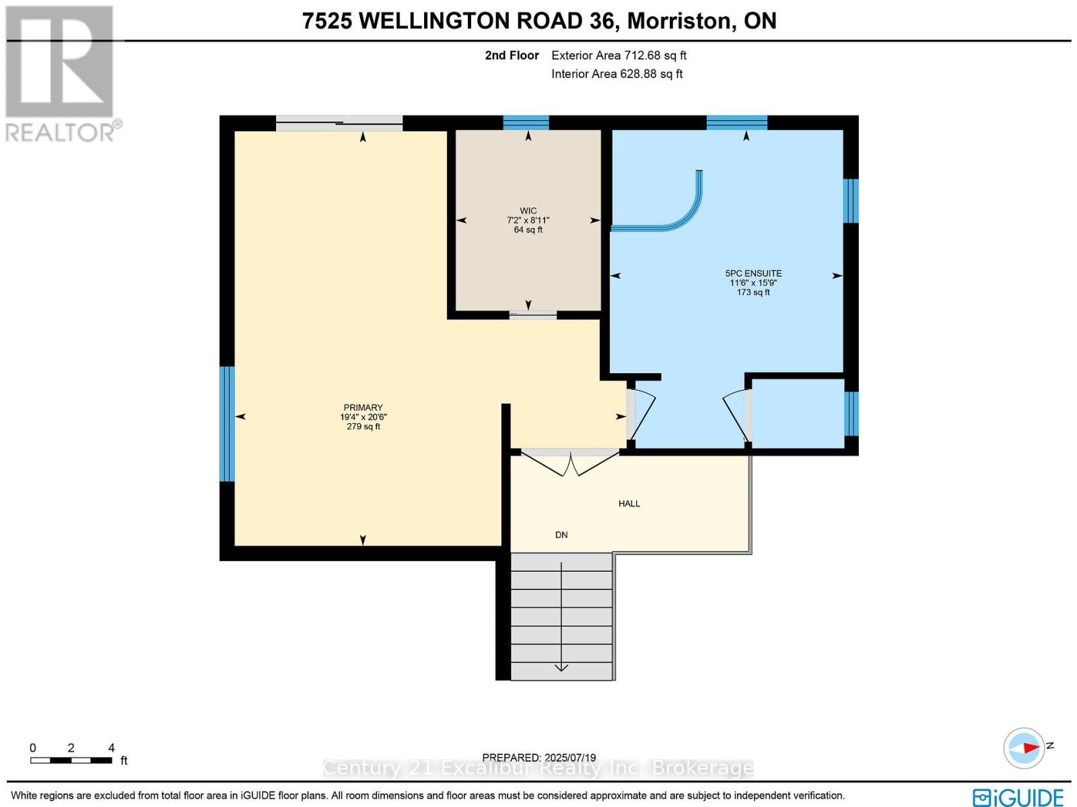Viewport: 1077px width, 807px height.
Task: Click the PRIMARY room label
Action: coord(363,408)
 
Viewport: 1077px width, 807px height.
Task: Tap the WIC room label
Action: coord(528,211)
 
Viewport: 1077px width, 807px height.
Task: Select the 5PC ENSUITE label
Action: coord(753,273)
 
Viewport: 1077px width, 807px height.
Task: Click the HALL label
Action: coord(629,503)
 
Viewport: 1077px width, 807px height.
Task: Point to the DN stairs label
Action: coord(561,535)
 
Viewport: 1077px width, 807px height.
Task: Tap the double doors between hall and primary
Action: coord(570,463)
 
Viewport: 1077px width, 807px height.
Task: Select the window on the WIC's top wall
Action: coord(526,123)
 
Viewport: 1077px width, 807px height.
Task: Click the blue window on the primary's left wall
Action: coord(228,424)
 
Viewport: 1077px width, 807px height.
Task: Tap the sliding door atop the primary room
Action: coord(339,123)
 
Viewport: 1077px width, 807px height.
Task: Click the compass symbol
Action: coord(1024,748)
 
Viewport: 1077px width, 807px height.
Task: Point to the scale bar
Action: coord(71,760)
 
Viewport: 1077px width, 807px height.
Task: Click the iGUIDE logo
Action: coord(1018,797)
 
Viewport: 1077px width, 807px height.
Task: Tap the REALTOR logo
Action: coord(61,74)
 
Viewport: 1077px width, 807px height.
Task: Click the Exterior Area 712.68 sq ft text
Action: coord(619,56)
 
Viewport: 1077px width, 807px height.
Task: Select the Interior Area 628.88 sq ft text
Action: coord(617,74)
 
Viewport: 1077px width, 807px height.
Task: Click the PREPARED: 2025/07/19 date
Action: coord(538,758)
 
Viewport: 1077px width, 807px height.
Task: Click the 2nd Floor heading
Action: coord(512,56)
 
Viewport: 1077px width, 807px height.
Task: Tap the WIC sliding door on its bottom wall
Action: coord(532,314)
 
